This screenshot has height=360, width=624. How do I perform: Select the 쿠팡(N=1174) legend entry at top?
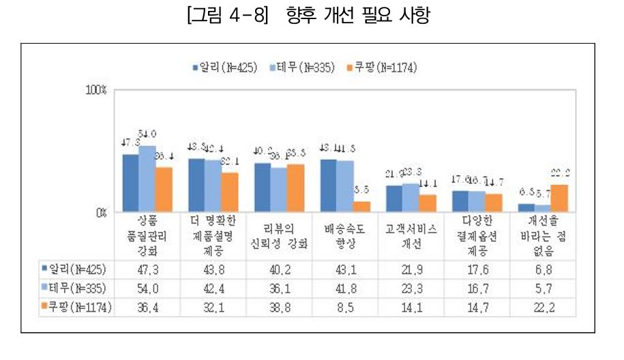[x=381, y=67]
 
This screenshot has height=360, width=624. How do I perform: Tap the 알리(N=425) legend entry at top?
[x=224, y=67]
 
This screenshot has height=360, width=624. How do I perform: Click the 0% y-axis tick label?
[x=100, y=212]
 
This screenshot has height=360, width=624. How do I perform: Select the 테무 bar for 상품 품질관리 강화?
[x=147, y=179]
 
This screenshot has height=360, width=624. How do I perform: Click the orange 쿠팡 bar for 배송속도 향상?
[x=361, y=206]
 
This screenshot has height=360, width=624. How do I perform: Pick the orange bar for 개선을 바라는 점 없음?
[x=559, y=198]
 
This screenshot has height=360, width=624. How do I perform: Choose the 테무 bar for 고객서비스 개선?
[x=411, y=197]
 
